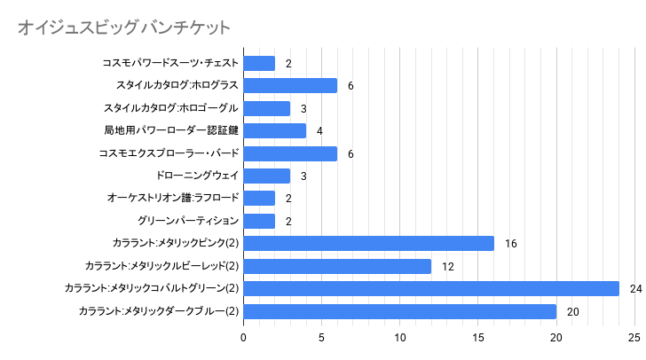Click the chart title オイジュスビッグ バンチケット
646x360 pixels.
123,28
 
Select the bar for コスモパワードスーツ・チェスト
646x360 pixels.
259,63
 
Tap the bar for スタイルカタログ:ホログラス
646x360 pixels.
290,85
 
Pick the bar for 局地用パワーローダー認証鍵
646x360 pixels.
274,130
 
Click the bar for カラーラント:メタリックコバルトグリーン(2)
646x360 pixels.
431,288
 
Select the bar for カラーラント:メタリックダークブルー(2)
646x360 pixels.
399,311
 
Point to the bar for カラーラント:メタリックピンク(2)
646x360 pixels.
368,243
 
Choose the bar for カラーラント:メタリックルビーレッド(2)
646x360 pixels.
337,266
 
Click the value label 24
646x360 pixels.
635,289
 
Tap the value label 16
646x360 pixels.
510,244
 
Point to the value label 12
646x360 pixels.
447,267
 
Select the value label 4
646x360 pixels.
319,131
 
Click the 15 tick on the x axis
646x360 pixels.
478,338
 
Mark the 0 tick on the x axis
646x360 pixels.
243,338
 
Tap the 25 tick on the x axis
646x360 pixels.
634,338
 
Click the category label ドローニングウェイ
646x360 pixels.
197,176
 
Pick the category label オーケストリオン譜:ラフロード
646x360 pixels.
172,198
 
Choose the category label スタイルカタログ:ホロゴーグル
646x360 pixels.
171,108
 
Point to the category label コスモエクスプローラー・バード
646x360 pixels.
169,153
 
